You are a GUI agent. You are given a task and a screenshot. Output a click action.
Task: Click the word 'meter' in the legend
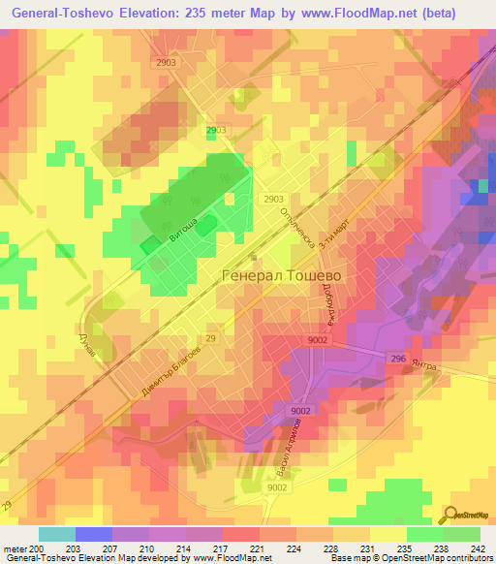tap(15, 549)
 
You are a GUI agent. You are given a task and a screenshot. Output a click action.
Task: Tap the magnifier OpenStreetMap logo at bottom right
tap(452, 517)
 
